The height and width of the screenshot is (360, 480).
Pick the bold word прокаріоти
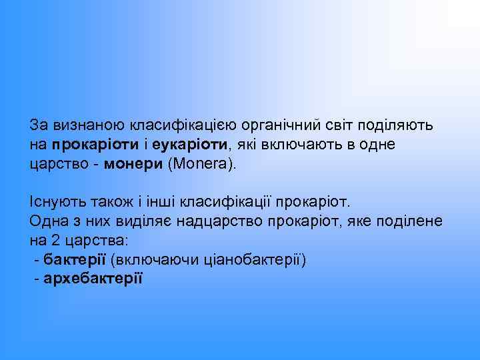(95, 144)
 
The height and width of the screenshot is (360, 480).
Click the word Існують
(57, 201)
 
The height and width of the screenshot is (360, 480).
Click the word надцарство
(247, 221)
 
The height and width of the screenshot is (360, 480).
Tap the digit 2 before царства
(53, 240)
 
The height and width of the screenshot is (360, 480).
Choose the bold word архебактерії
(93, 279)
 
